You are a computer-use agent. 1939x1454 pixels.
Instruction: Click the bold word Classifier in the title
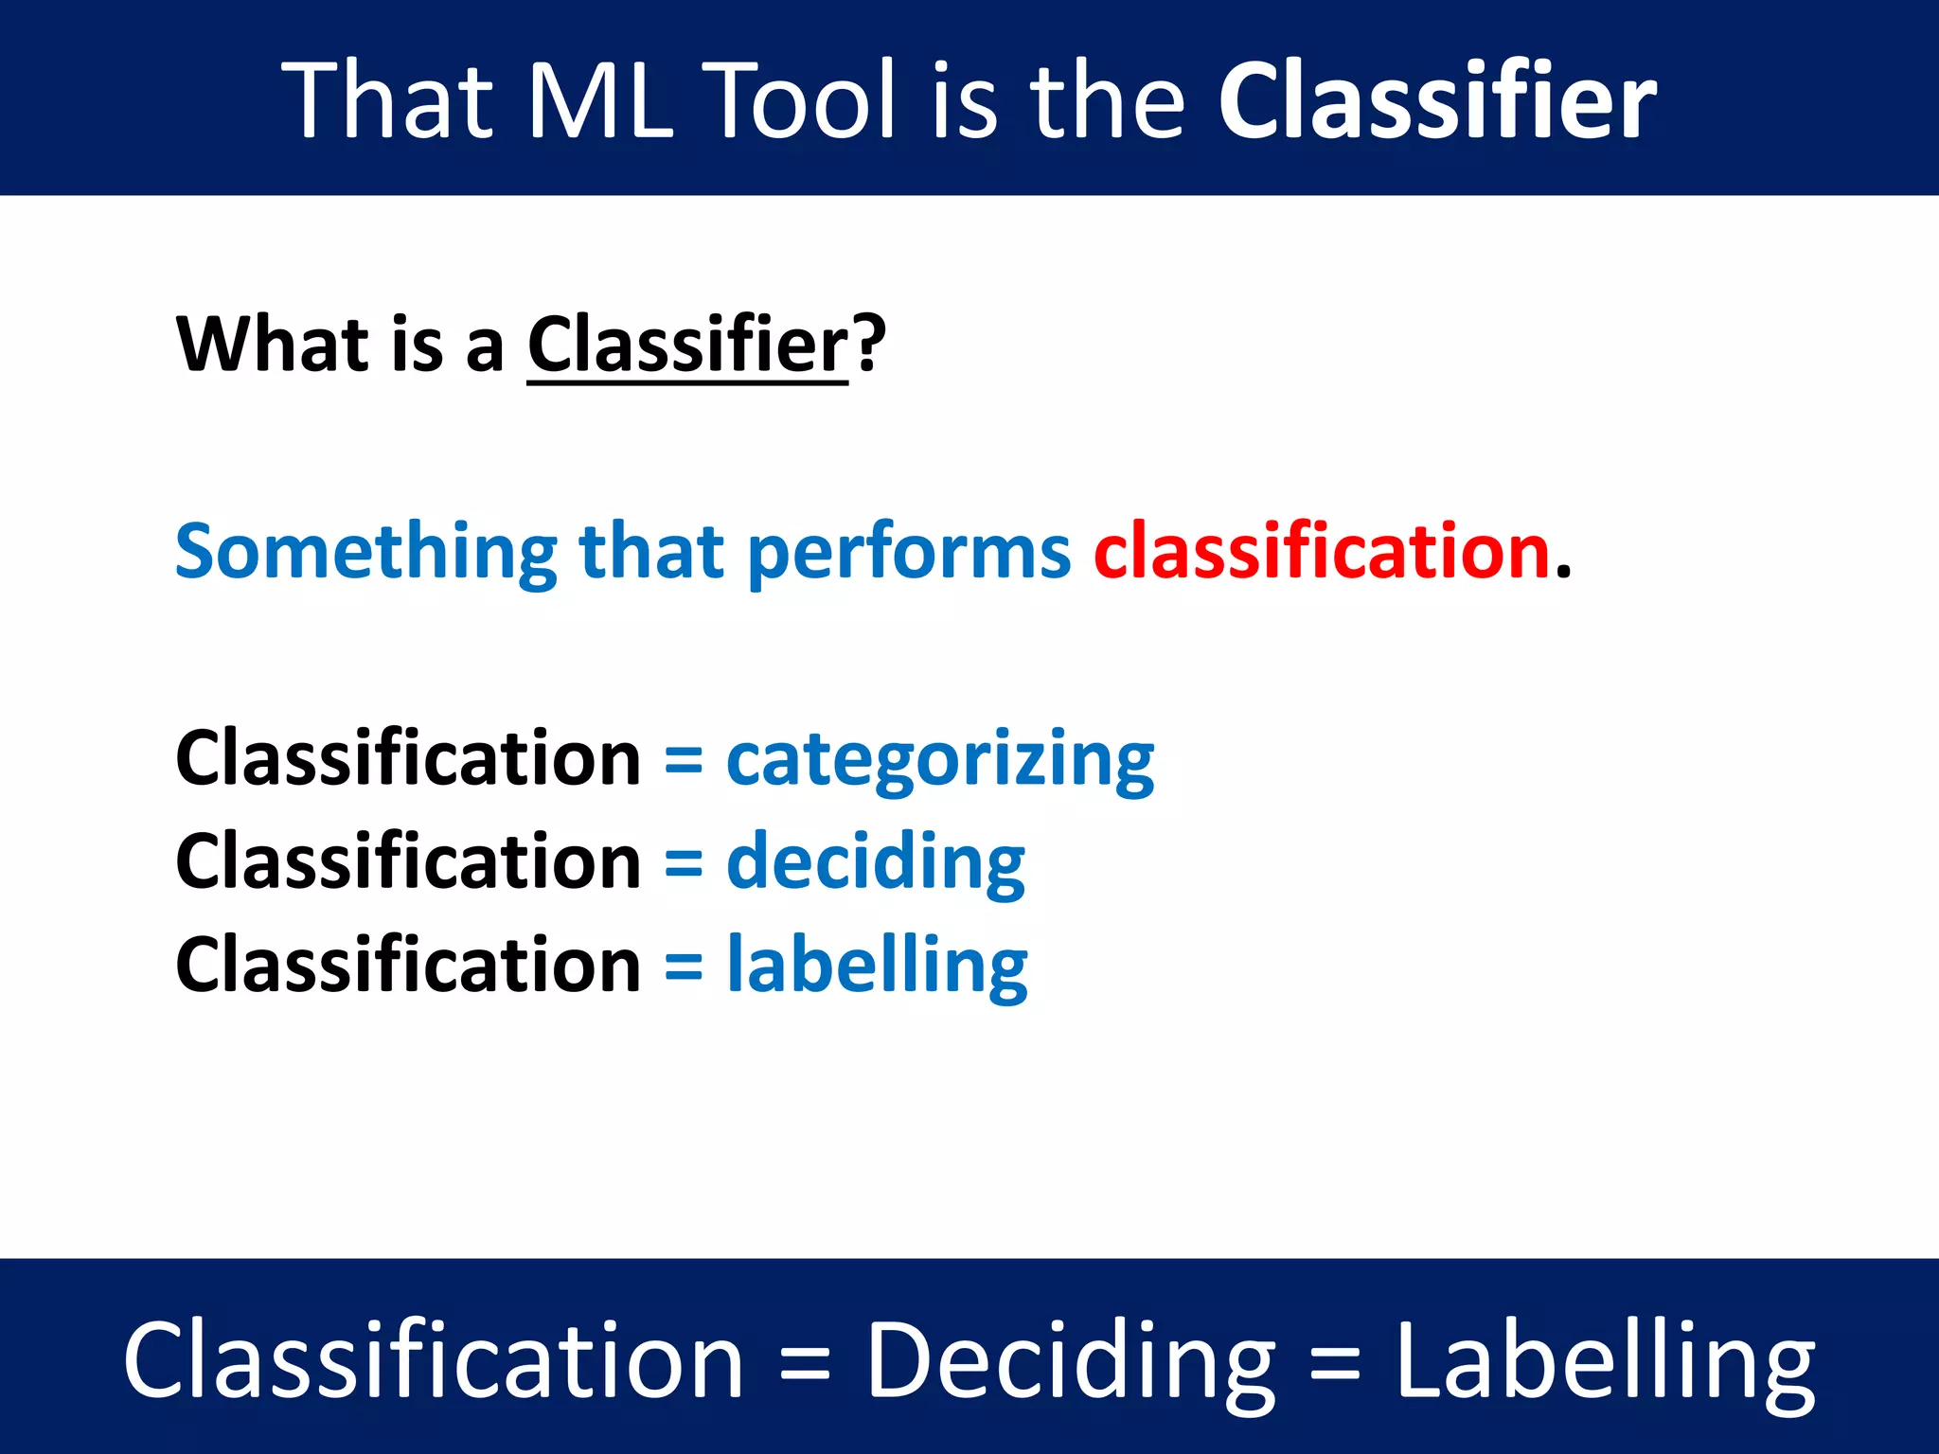coord(1436,100)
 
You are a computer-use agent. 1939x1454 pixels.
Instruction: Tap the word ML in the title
coord(599,100)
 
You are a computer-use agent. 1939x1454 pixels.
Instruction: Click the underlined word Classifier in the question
coord(687,345)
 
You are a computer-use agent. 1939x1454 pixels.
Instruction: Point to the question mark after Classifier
coord(869,345)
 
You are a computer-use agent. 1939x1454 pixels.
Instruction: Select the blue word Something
coord(366,553)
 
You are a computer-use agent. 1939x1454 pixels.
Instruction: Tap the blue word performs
coord(909,553)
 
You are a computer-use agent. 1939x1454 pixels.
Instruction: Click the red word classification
coord(1322,551)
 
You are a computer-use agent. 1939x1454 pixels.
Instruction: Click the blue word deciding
coord(876,863)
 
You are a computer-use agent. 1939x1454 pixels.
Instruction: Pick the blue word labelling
coord(877,966)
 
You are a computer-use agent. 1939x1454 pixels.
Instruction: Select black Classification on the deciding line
coord(408,862)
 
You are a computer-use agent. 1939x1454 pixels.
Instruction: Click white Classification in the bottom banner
coord(433,1359)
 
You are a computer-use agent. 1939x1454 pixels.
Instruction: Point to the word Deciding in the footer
coord(1071,1361)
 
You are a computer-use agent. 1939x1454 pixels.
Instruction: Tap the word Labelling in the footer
coord(1606,1361)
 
